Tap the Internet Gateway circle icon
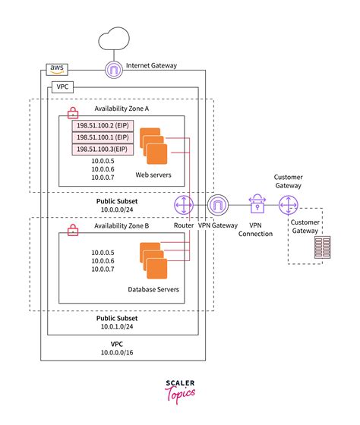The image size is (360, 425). (114, 70)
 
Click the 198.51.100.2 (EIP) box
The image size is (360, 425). (102, 125)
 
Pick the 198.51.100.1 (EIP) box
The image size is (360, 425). (102, 137)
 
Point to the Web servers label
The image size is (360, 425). (153, 175)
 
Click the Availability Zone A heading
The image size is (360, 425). (122, 109)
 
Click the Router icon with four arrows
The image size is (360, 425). (185, 206)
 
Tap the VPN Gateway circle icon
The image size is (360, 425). (218, 206)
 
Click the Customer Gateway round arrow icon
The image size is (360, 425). (289, 206)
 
